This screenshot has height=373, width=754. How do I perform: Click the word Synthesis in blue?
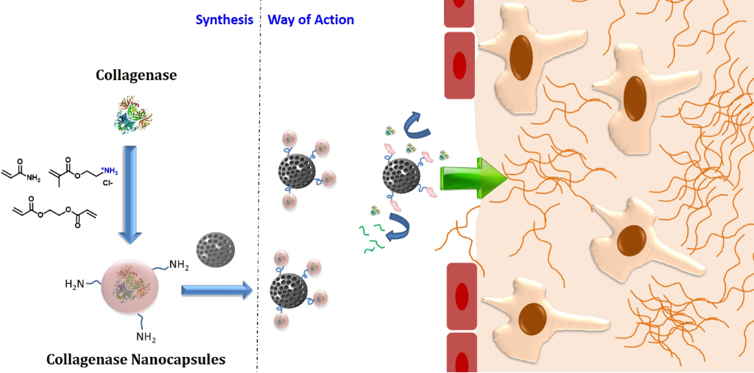coord(224,20)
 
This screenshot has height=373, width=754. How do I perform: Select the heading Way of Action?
coord(311,20)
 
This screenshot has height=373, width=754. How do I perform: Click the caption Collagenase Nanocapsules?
coord(135,360)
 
